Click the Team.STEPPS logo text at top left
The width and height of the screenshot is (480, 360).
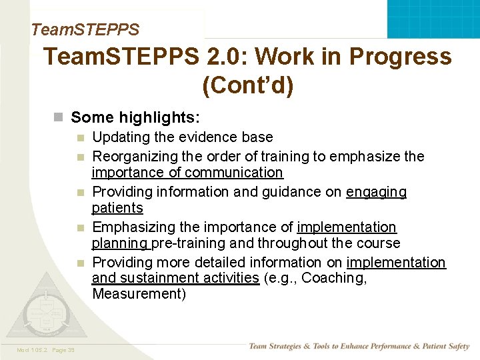click(85, 29)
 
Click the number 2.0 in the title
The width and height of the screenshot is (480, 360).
click(225, 57)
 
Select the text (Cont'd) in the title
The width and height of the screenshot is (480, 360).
click(247, 87)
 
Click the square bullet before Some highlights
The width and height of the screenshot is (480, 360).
click(59, 118)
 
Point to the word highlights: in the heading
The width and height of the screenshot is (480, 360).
click(159, 118)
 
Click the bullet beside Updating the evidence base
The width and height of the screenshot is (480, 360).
click(80, 138)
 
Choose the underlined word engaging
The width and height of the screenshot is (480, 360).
click(376, 192)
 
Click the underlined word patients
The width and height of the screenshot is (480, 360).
click(117, 208)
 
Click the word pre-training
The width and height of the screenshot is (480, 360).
click(187, 243)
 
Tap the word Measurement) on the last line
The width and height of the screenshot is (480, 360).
click(139, 294)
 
